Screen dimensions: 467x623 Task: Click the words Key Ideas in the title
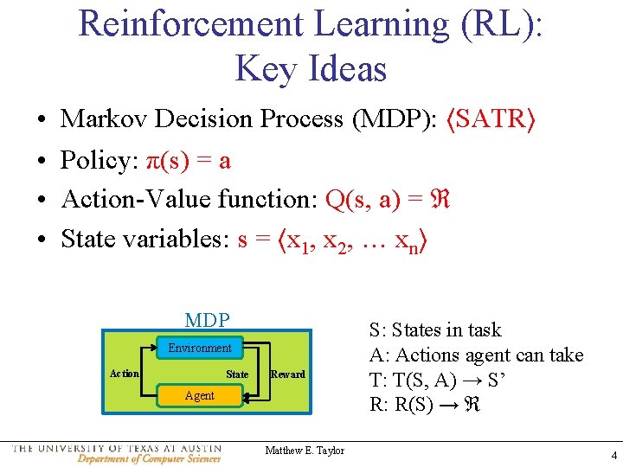311,68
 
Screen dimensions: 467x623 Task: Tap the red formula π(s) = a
188,160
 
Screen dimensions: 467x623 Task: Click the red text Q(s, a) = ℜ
386,199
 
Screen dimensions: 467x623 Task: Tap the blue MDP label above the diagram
207,320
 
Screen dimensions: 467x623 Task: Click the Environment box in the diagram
200,348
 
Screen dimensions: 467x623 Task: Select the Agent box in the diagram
200,395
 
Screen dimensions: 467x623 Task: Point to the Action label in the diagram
125,374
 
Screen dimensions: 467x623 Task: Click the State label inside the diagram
237,374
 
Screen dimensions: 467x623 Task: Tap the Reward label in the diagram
287,374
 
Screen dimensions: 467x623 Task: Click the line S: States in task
434,329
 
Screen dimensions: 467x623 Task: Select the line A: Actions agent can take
476,355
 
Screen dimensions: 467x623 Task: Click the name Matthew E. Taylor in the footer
305,451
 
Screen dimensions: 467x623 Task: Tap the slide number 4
613,455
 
